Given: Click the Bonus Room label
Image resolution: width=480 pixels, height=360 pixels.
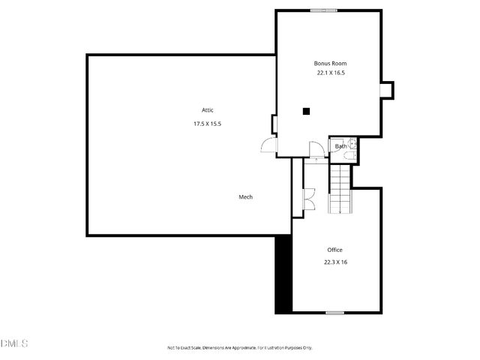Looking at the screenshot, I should tap(330, 64).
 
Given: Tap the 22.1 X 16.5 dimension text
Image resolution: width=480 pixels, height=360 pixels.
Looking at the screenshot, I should tap(330, 73).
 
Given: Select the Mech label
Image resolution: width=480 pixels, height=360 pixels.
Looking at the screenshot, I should tap(245, 197).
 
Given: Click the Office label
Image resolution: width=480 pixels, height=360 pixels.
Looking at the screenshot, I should tap(334, 250).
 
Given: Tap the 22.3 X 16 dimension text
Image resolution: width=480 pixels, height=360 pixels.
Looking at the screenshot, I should tap(335, 262).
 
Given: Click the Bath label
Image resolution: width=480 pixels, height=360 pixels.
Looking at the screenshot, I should tap(340, 146).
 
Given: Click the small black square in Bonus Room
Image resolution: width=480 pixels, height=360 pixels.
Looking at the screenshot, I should tap(306, 112).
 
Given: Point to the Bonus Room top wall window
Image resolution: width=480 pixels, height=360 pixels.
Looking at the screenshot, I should tap(324, 10).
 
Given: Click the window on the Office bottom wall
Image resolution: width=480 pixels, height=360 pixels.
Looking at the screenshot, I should tap(334, 312).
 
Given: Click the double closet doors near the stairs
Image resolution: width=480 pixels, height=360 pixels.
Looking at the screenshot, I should tap(307, 199).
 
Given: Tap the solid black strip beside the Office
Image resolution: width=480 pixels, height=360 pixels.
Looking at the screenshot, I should tap(283, 274).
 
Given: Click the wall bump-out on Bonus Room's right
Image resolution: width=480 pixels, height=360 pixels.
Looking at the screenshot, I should tap(387, 90).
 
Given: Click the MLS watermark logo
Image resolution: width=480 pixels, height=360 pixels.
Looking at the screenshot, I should tap(14, 343).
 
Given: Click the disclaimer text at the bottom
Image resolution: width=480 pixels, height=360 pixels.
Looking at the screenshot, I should tap(239, 348).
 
